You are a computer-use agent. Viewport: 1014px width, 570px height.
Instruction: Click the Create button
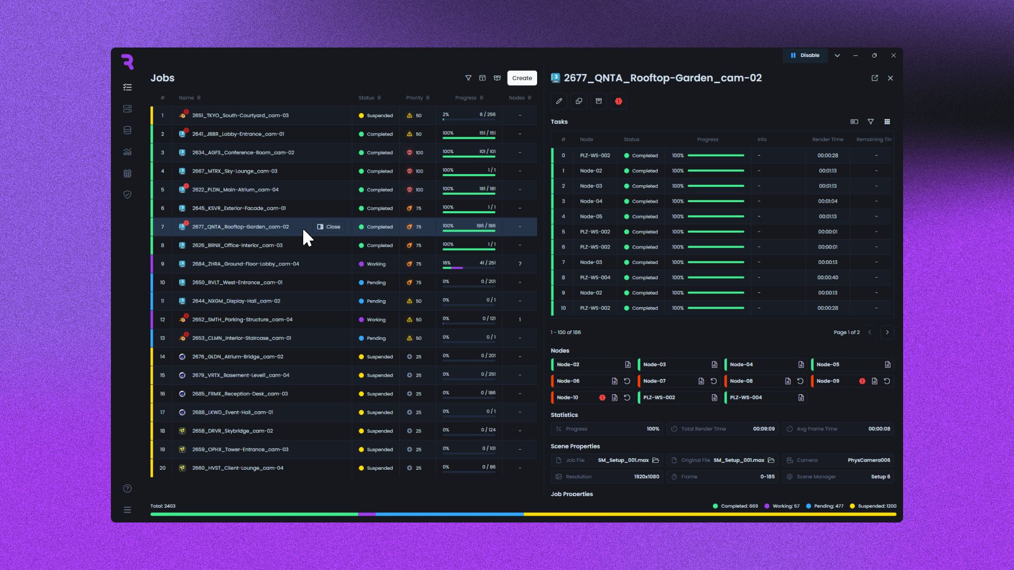[522, 78]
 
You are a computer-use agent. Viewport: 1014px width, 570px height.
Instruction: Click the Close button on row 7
[328, 227]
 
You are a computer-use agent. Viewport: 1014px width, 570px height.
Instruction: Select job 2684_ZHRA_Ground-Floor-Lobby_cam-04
[246, 264]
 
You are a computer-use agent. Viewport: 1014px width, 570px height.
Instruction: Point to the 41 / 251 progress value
[487, 263]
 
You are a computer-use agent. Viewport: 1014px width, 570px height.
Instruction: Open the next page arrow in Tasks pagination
[887, 332]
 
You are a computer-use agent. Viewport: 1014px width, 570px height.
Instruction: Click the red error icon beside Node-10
[602, 397]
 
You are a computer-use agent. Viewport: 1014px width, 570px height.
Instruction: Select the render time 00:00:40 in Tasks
[828, 278]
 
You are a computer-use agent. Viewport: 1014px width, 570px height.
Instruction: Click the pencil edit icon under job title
[559, 101]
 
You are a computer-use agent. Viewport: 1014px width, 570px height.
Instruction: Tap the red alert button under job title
[618, 101]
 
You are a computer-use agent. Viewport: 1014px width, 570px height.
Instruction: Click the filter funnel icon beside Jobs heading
[468, 78]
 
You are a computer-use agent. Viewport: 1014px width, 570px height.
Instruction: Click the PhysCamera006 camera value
[869, 460]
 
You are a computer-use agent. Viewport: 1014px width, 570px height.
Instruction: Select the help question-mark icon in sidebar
[127, 489]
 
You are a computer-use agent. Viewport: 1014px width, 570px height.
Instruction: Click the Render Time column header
[828, 139]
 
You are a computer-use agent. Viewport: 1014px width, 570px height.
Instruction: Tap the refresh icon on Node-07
[713, 381]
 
